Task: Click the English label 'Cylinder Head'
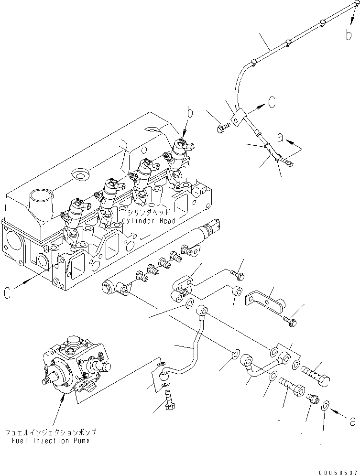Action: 148,221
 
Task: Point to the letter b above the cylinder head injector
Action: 190,113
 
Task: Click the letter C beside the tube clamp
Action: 271,102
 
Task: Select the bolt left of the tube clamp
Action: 223,128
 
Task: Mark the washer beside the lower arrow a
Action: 325,405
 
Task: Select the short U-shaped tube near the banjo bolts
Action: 256,367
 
